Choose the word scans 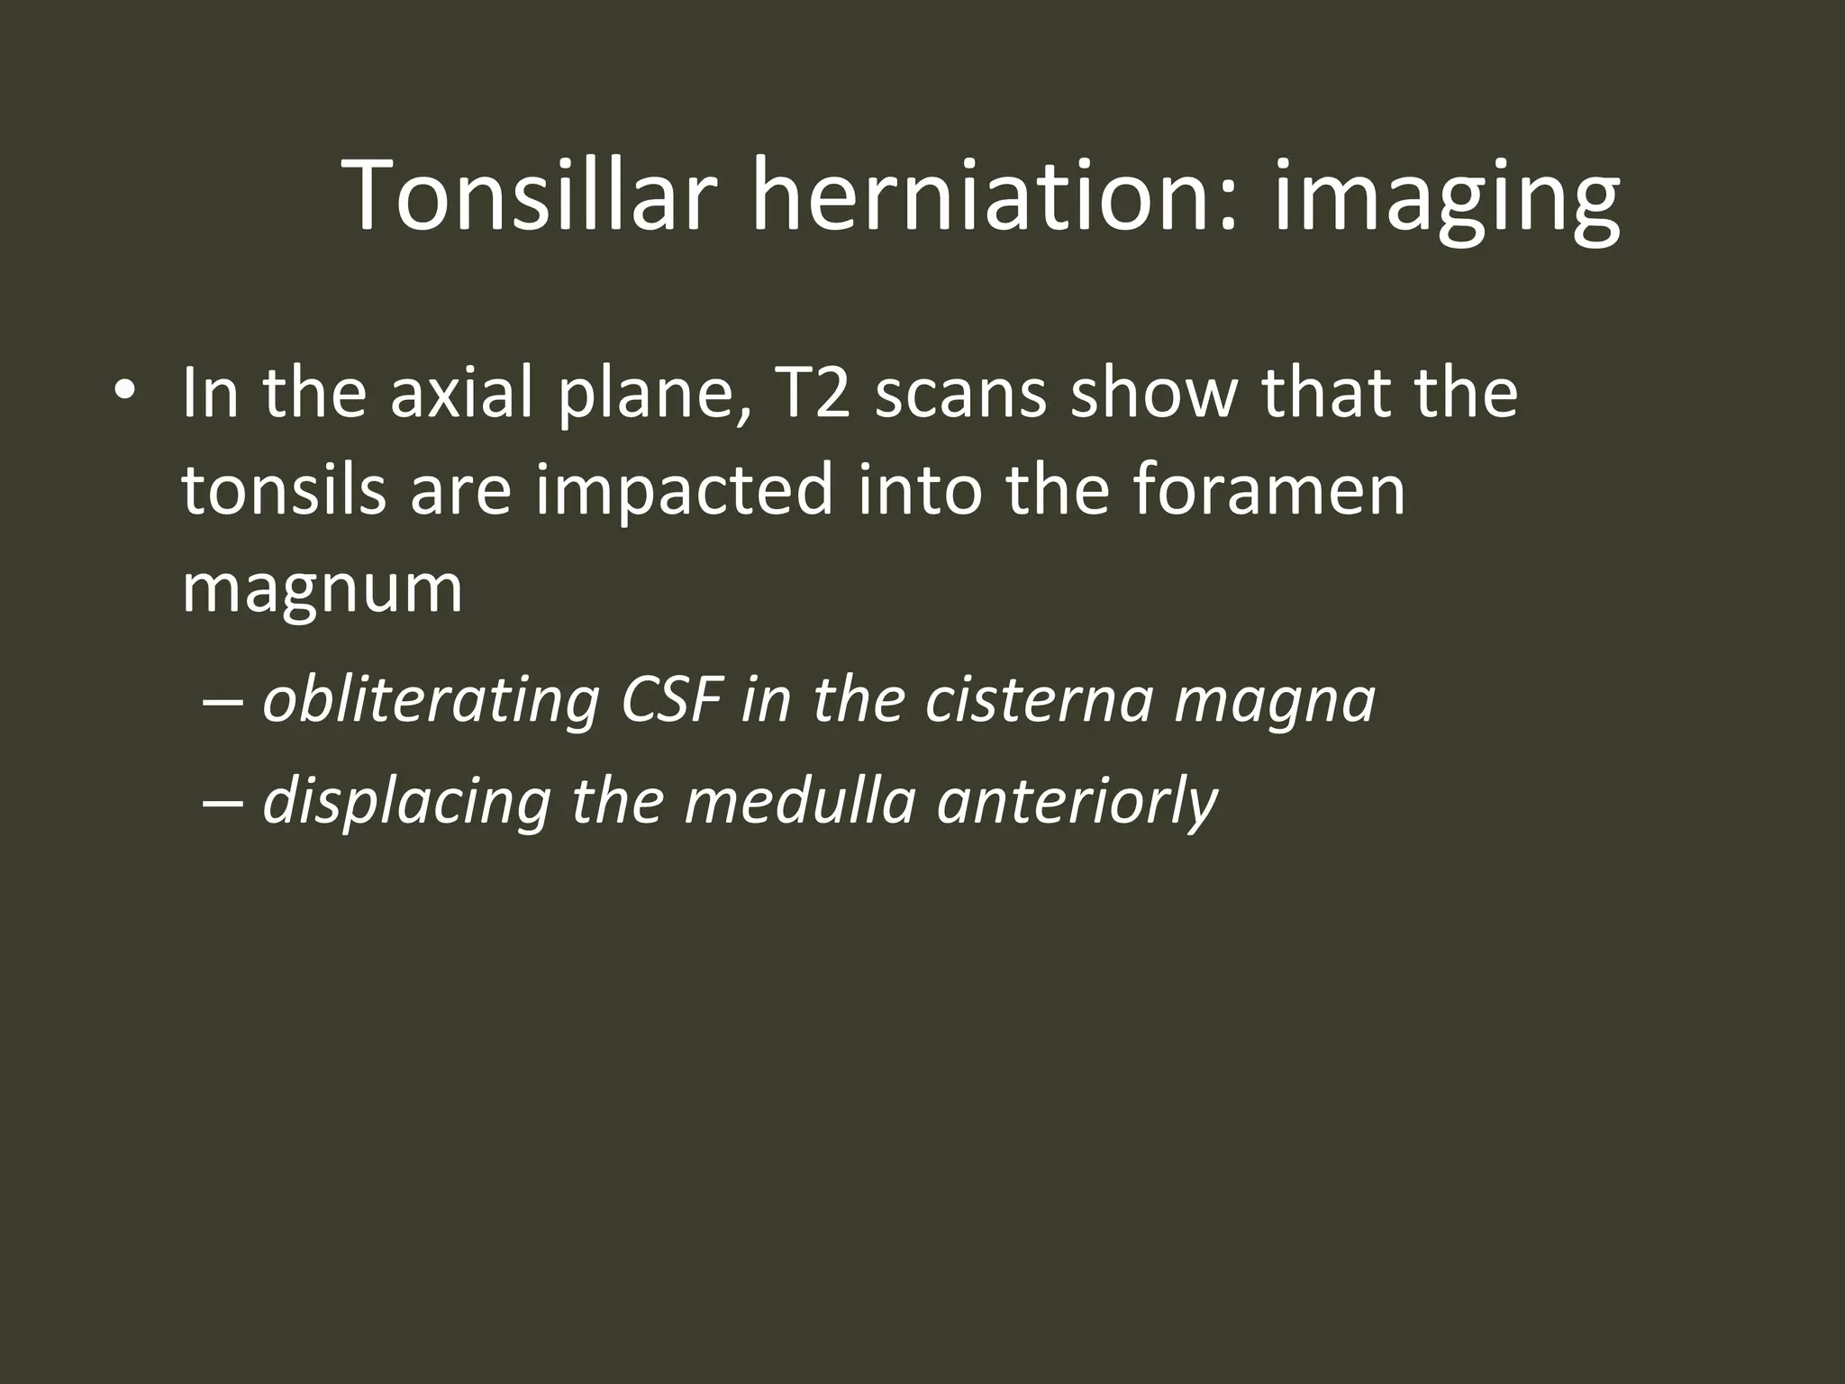click(960, 394)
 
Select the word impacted click(684, 492)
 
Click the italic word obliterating click(432, 700)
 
